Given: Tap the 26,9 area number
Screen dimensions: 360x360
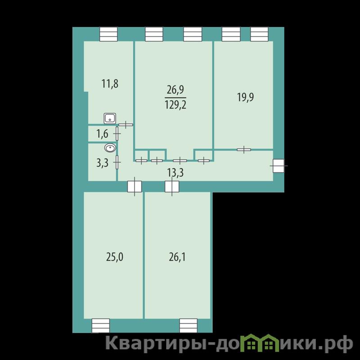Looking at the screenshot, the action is tap(175, 90).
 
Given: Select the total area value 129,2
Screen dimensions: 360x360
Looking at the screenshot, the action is tap(175, 105).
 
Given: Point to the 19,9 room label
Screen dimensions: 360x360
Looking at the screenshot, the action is tap(245, 97).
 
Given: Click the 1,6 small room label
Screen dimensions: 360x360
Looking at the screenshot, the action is tap(102, 134).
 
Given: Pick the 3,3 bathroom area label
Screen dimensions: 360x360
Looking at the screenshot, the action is tap(102, 163).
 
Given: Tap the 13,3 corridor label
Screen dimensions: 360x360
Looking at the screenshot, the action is tap(175, 173).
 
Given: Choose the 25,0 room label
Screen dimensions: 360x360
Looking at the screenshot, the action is tap(115, 257).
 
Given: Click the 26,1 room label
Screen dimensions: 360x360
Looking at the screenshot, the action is tap(177, 257).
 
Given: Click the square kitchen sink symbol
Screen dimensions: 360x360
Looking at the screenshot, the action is tap(110, 118).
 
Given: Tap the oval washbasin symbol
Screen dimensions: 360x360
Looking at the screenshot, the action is tap(110, 148).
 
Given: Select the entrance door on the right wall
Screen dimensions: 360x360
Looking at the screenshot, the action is tap(279, 166).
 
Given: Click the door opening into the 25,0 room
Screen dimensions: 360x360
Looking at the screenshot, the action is tap(135, 186).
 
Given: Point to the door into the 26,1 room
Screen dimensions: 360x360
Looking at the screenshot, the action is tap(172, 186).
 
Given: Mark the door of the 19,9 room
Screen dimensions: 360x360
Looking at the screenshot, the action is tap(244, 150).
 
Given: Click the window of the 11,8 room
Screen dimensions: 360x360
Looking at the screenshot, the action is tap(108, 34).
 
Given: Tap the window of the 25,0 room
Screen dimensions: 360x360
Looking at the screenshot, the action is tap(101, 325).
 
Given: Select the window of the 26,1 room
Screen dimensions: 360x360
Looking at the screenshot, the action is tap(189, 325).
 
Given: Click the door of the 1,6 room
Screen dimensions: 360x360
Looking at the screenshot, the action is tap(117, 133).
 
